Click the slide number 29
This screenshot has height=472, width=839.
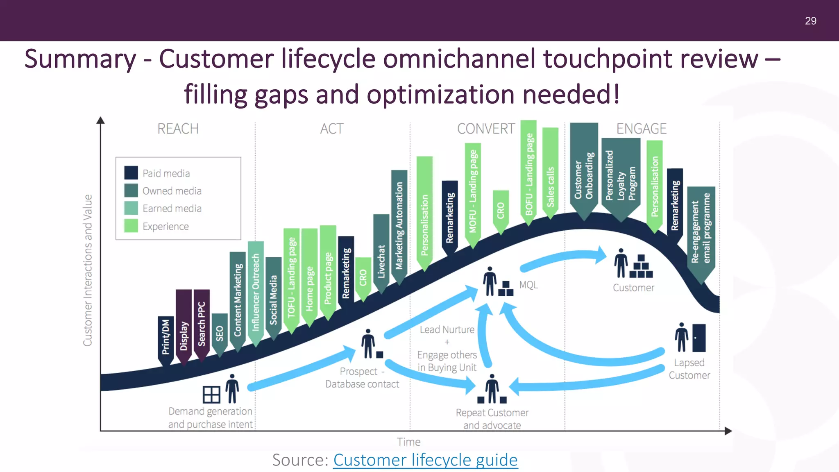point(810,21)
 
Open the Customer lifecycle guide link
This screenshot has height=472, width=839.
point(425,460)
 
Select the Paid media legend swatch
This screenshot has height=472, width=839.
point(131,172)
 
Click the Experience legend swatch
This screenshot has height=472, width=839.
point(131,226)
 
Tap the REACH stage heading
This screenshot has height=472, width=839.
point(178,129)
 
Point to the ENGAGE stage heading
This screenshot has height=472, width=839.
point(641,129)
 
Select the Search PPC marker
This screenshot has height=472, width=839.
point(202,324)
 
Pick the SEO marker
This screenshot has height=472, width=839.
point(220,333)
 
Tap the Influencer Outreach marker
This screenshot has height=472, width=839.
point(256,291)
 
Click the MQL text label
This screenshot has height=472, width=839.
point(528,285)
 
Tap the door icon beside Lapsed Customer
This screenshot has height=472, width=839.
point(699,338)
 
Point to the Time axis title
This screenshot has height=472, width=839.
point(408,442)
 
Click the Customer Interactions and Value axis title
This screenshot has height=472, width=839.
point(88,270)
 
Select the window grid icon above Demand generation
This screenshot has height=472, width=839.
point(211,395)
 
